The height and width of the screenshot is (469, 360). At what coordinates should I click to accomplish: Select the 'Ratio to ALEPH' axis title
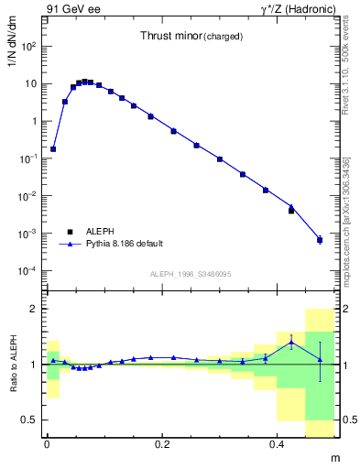(x=17, y=364)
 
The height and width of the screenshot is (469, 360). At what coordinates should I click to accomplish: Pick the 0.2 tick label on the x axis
(x=162, y=443)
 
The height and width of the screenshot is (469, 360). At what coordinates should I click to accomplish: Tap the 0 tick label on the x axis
(x=47, y=443)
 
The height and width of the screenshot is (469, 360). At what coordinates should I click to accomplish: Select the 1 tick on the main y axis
(x=33, y=121)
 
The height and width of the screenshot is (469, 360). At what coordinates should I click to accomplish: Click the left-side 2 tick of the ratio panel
(x=34, y=309)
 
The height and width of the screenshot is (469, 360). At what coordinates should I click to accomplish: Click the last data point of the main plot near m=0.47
(x=320, y=240)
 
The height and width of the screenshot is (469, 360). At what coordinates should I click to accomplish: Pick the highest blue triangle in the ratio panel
(x=291, y=342)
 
